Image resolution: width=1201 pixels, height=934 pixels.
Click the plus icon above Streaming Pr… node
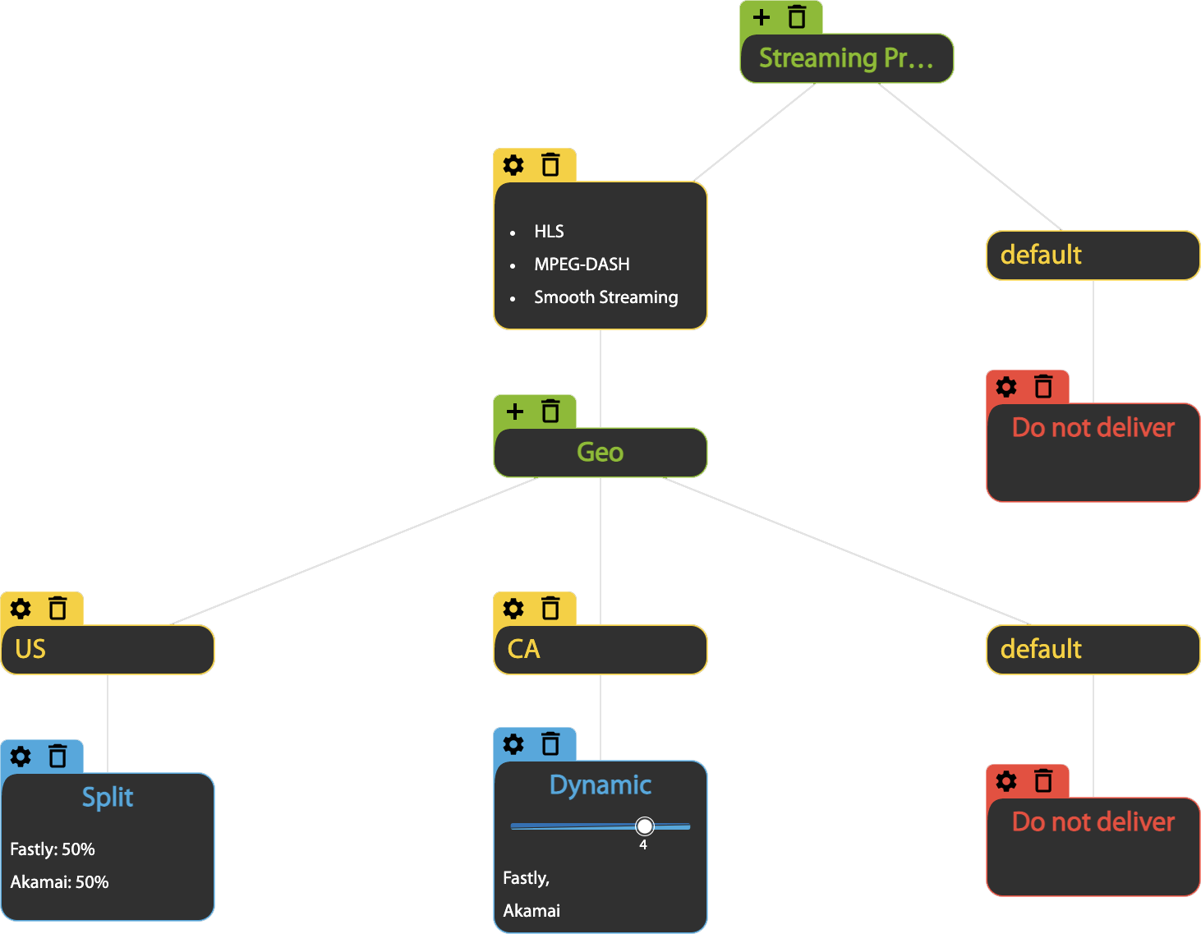click(762, 17)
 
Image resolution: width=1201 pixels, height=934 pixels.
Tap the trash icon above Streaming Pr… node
click(797, 17)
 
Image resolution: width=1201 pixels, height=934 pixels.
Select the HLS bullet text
click(549, 232)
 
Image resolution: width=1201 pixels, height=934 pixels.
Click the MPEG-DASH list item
click(582, 265)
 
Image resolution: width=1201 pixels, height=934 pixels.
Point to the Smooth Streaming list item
click(605, 297)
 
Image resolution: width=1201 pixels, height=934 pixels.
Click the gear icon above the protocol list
click(513, 165)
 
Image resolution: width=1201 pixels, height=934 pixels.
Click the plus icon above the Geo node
click(515, 412)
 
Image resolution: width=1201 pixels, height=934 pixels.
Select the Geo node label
click(600, 453)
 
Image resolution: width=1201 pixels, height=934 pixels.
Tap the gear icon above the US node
click(21, 609)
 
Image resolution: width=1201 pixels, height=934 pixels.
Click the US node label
click(30, 650)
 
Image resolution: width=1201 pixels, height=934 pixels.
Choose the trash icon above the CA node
click(550, 609)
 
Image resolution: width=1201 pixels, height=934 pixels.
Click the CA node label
click(523, 650)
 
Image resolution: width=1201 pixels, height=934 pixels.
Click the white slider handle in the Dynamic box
click(645, 826)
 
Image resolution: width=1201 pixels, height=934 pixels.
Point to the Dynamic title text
click(600, 785)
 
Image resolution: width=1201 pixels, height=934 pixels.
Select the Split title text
click(107, 798)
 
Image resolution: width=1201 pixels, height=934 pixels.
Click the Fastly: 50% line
click(53, 849)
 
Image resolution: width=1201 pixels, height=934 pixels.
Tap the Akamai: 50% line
click(59, 882)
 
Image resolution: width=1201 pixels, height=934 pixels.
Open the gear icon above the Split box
click(21, 757)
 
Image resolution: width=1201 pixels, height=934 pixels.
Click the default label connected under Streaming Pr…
click(1041, 255)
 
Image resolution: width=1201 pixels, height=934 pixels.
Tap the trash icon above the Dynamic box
click(550, 744)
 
